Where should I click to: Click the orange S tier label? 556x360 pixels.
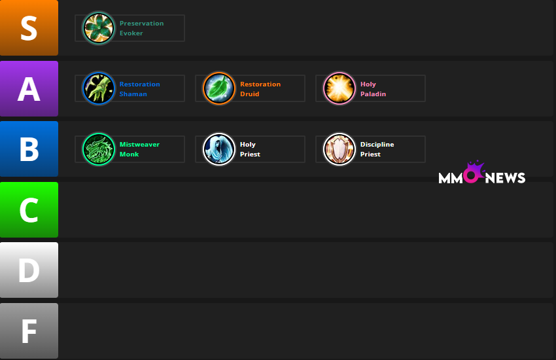[x=29, y=28]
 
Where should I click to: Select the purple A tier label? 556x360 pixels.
[x=29, y=88]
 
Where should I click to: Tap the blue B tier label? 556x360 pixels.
[x=29, y=149]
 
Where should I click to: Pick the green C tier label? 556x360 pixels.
[x=29, y=209]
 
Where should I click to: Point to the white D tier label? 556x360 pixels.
[x=29, y=270]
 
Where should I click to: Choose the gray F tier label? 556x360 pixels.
[x=29, y=331]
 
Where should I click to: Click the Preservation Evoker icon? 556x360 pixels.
[x=99, y=28]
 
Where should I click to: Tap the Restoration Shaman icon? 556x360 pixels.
[x=99, y=88]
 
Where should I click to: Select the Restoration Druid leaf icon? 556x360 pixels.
[x=219, y=88]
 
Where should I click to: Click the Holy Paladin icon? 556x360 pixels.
[x=339, y=88]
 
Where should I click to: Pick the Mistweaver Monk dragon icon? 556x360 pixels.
[x=99, y=149]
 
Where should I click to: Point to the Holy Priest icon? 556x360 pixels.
[x=219, y=149]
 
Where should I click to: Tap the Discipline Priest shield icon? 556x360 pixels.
[x=339, y=149]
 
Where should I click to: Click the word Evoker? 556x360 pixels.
[x=131, y=33]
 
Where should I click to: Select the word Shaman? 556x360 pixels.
[x=133, y=94]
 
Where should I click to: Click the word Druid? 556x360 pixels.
[x=249, y=94]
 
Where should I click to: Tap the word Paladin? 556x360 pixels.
[x=373, y=94]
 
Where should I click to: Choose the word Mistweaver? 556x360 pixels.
[x=139, y=145]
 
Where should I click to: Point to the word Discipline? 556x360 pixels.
[x=377, y=145]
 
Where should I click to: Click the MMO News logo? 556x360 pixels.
[x=481, y=175]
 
